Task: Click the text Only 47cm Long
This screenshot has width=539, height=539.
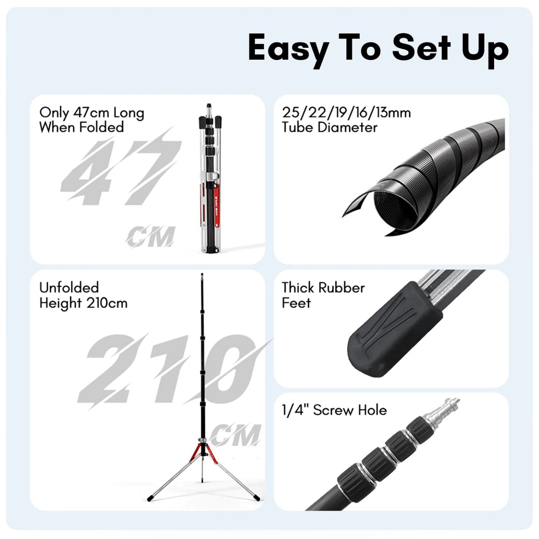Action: click(x=92, y=113)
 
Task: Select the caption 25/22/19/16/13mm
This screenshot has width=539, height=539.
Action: click(x=346, y=112)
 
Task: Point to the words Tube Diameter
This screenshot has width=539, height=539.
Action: click(x=330, y=127)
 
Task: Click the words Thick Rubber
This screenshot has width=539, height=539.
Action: click(x=323, y=287)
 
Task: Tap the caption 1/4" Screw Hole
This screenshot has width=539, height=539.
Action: click(x=334, y=410)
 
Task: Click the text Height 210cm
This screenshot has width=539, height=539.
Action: click(x=83, y=303)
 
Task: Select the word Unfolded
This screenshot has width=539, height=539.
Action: click(x=69, y=287)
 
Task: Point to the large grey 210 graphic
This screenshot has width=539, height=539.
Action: click(x=172, y=370)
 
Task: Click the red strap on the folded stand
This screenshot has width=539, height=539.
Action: click(x=217, y=205)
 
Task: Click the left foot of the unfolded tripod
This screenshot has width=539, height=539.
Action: click(x=150, y=499)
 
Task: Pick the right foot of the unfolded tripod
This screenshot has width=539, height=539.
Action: click(x=256, y=497)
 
